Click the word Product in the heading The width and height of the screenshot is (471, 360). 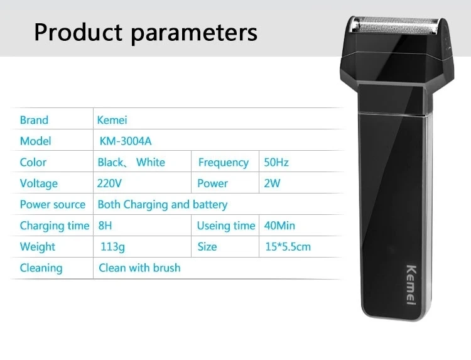click(x=78, y=32)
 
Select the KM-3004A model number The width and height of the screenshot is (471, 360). click(x=126, y=141)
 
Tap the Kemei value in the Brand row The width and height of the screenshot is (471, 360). click(x=112, y=120)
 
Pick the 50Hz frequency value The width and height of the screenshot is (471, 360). click(x=276, y=162)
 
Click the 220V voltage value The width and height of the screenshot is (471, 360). click(x=109, y=183)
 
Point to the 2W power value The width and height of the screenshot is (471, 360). click(x=272, y=183)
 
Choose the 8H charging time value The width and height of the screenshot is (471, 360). click(x=105, y=226)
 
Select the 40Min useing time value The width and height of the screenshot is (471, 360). click(x=279, y=226)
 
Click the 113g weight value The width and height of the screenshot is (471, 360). click(x=112, y=247)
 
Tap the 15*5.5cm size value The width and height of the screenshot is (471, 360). click(x=288, y=247)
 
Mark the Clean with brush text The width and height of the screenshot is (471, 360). click(x=139, y=268)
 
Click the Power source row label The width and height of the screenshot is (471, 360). click(x=53, y=204)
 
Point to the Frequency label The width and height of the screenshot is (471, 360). click(x=224, y=163)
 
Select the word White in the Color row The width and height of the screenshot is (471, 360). click(x=151, y=162)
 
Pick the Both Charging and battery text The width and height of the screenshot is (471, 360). click(x=163, y=205)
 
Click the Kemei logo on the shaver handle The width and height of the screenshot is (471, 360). click(x=411, y=285)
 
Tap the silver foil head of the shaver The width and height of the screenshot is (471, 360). click(x=395, y=26)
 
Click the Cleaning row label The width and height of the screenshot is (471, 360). click(x=41, y=268)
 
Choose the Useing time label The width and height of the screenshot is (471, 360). click(x=226, y=226)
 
